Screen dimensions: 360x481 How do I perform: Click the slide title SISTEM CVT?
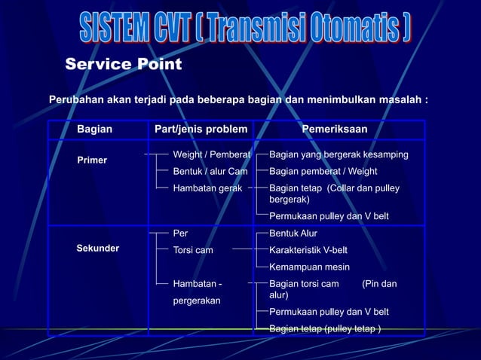[x=245, y=29]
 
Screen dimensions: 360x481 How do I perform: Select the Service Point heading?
[x=123, y=65]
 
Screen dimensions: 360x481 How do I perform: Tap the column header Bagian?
[x=94, y=130]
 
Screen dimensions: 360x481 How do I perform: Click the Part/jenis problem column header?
[x=201, y=130]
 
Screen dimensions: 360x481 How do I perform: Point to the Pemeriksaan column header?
[x=335, y=130]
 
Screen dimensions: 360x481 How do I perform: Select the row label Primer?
[x=92, y=160]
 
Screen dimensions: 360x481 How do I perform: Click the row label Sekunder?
[x=98, y=249]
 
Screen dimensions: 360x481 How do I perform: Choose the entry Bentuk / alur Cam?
[x=210, y=171]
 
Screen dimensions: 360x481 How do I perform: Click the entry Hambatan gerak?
[x=207, y=188]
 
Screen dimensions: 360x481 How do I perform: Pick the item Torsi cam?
[x=193, y=249]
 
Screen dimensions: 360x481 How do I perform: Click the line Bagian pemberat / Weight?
[x=323, y=171]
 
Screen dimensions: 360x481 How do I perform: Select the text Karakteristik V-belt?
[x=308, y=249]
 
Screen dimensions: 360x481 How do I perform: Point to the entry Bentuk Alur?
[x=293, y=233]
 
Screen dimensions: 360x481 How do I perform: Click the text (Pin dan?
[x=379, y=284]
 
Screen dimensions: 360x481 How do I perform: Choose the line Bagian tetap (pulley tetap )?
[x=325, y=328]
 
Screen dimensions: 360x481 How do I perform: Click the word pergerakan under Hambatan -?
[x=197, y=301]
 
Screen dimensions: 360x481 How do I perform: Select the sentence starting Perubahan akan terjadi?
[x=238, y=99]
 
